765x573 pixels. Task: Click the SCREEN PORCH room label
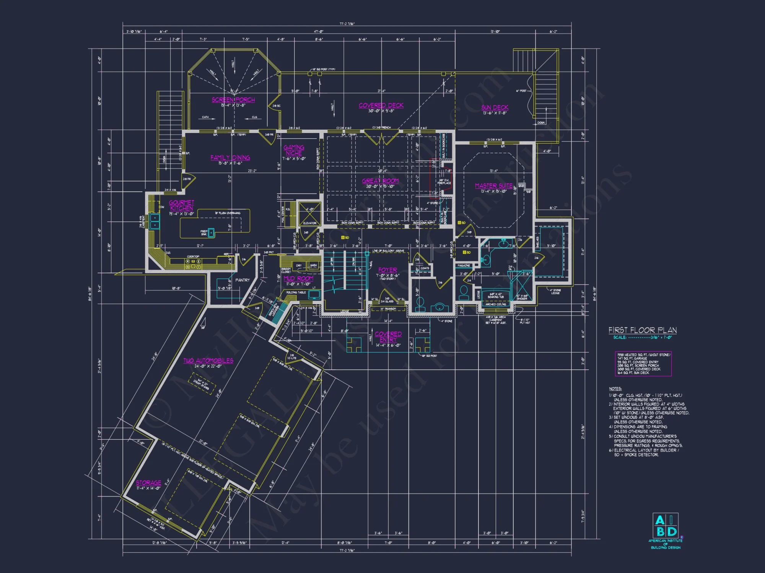click(233, 100)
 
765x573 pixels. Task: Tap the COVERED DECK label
click(381, 105)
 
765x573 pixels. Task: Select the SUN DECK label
click(495, 108)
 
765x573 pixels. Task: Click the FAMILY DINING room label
click(230, 157)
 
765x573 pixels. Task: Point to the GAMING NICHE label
click(294, 150)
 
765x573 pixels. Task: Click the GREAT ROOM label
click(380, 181)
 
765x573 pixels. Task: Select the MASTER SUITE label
click(493, 186)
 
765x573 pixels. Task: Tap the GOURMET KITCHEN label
click(181, 205)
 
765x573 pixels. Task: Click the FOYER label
click(387, 270)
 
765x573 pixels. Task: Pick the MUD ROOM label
click(298, 278)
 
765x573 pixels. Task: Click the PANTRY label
click(242, 280)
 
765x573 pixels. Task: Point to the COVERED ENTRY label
click(388, 337)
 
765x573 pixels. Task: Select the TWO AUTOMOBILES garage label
click(208, 361)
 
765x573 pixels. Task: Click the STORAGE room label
click(148, 482)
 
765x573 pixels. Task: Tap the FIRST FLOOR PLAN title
click(642, 330)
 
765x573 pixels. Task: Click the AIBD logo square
click(665, 526)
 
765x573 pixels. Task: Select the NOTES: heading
click(615, 388)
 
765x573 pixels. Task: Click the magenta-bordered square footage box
click(643, 364)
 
